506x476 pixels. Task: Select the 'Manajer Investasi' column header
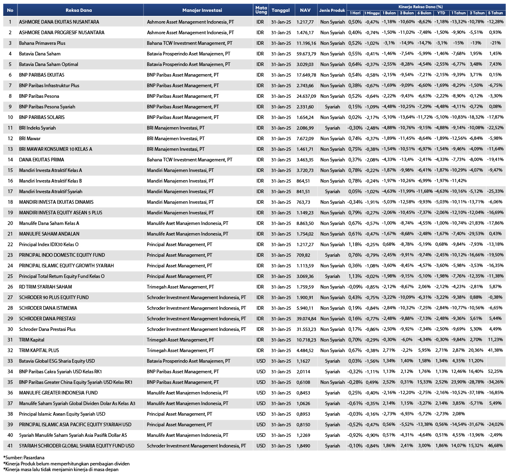point(202,10)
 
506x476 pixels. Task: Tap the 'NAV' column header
point(305,10)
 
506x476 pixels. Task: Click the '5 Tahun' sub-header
point(495,13)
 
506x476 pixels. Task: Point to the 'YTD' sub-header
point(441,13)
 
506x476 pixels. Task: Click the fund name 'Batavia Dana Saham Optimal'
point(49,64)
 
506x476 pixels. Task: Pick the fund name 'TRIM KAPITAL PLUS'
point(39,350)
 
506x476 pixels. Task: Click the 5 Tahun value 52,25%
point(495,372)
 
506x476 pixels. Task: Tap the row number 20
point(10,223)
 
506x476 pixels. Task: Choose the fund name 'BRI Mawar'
point(30,139)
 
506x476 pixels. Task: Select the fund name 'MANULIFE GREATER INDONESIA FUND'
point(58,393)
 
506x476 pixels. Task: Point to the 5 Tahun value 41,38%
point(495,350)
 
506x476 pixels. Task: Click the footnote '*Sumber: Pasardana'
point(24,458)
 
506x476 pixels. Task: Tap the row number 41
point(10,446)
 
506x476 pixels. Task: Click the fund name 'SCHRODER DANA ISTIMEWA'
point(48,308)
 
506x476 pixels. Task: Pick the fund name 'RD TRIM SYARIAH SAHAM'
point(45,287)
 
